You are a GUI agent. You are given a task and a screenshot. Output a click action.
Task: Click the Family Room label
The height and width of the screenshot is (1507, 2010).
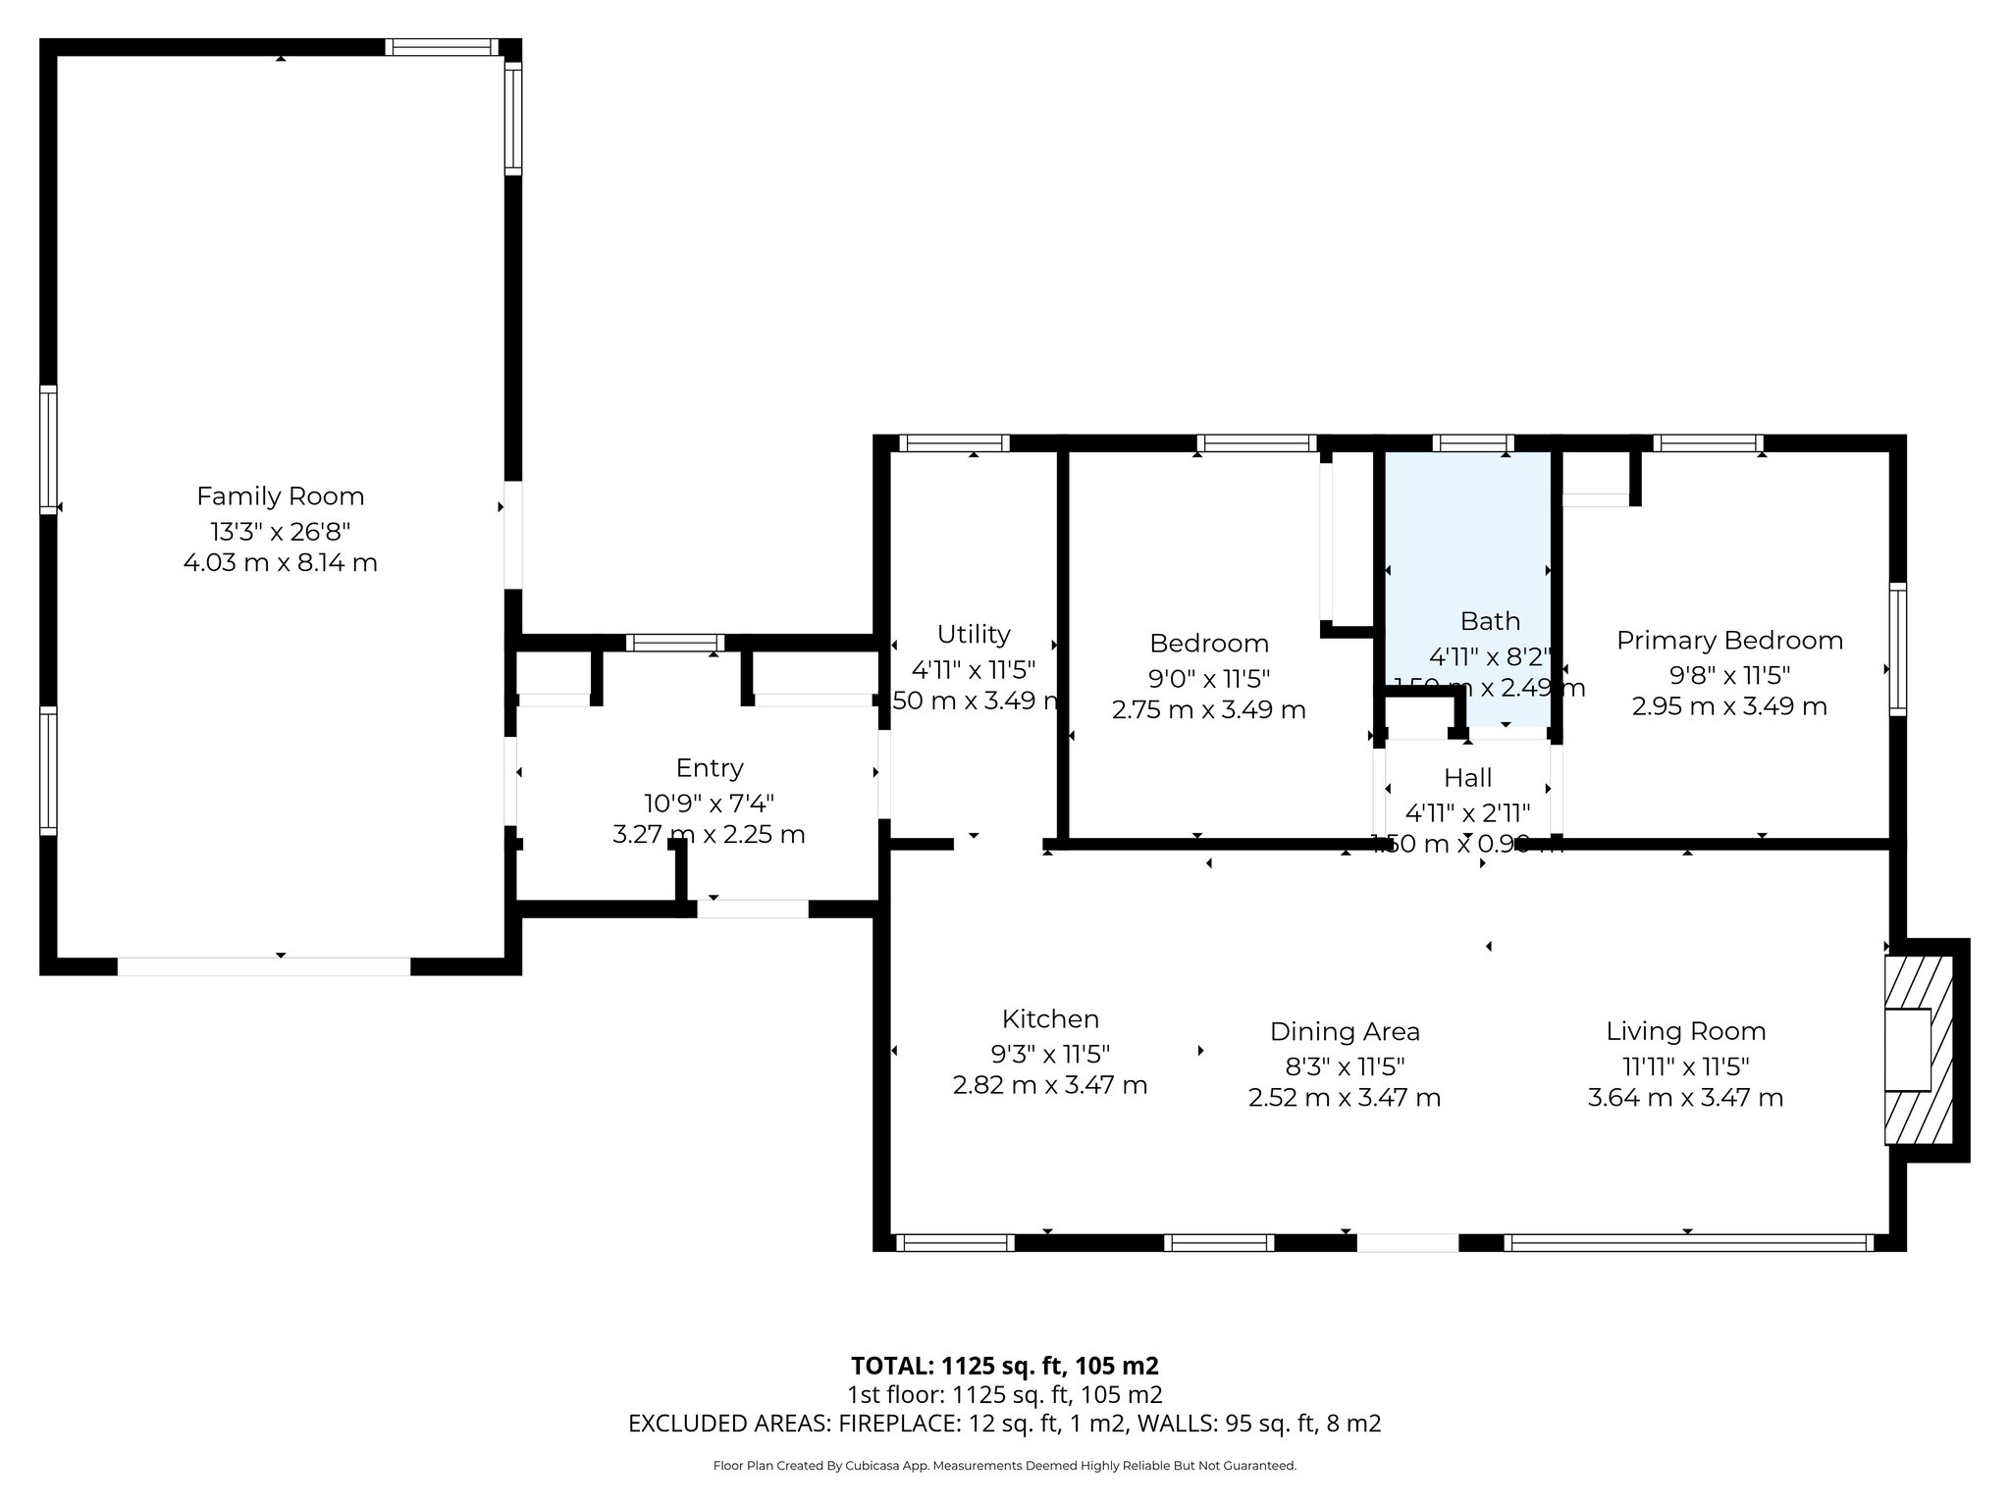(x=280, y=496)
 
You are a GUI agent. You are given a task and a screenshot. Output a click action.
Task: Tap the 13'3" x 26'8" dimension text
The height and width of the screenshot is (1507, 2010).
(x=280, y=532)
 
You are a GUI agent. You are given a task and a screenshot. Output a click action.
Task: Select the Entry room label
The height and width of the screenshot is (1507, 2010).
(x=710, y=768)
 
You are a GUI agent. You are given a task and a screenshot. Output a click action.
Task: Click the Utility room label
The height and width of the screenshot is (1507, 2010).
(x=974, y=635)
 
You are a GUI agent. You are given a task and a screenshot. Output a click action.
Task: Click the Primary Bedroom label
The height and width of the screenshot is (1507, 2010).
(x=1729, y=641)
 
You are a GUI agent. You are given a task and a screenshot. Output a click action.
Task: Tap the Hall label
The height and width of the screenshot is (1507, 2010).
(x=1467, y=778)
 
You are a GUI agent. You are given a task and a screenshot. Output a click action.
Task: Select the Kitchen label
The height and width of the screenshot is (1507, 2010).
(x=1050, y=1018)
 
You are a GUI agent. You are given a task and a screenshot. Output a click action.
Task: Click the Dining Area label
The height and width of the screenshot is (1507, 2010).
(x=1345, y=1032)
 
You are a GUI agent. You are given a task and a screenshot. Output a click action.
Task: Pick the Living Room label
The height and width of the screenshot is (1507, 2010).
(x=1685, y=1031)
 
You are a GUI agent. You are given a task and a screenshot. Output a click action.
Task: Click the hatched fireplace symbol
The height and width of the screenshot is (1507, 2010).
(x=1919, y=1050)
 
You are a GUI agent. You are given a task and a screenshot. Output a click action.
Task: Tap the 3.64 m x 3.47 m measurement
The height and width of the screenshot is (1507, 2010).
(x=1685, y=1098)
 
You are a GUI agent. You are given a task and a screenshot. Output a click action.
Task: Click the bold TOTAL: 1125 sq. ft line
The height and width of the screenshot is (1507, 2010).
(x=1004, y=1366)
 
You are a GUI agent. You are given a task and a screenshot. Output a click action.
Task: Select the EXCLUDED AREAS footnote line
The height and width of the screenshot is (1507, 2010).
(x=1004, y=1424)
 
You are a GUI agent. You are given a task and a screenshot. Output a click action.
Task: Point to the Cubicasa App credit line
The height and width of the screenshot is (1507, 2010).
(x=1004, y=1466)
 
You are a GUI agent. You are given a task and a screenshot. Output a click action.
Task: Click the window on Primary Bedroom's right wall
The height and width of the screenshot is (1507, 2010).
(x=1898, y=649)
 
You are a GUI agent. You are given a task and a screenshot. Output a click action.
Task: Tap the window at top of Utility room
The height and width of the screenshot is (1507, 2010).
(x=954, y=443)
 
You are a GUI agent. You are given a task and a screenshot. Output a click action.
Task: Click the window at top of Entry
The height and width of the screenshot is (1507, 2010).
(x=675, y=644)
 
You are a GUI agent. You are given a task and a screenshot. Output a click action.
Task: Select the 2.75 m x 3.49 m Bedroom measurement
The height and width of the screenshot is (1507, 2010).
(x=1208, y=709)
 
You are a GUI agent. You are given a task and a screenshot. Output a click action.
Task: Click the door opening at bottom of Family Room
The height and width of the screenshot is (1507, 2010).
(x=264, y=966)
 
